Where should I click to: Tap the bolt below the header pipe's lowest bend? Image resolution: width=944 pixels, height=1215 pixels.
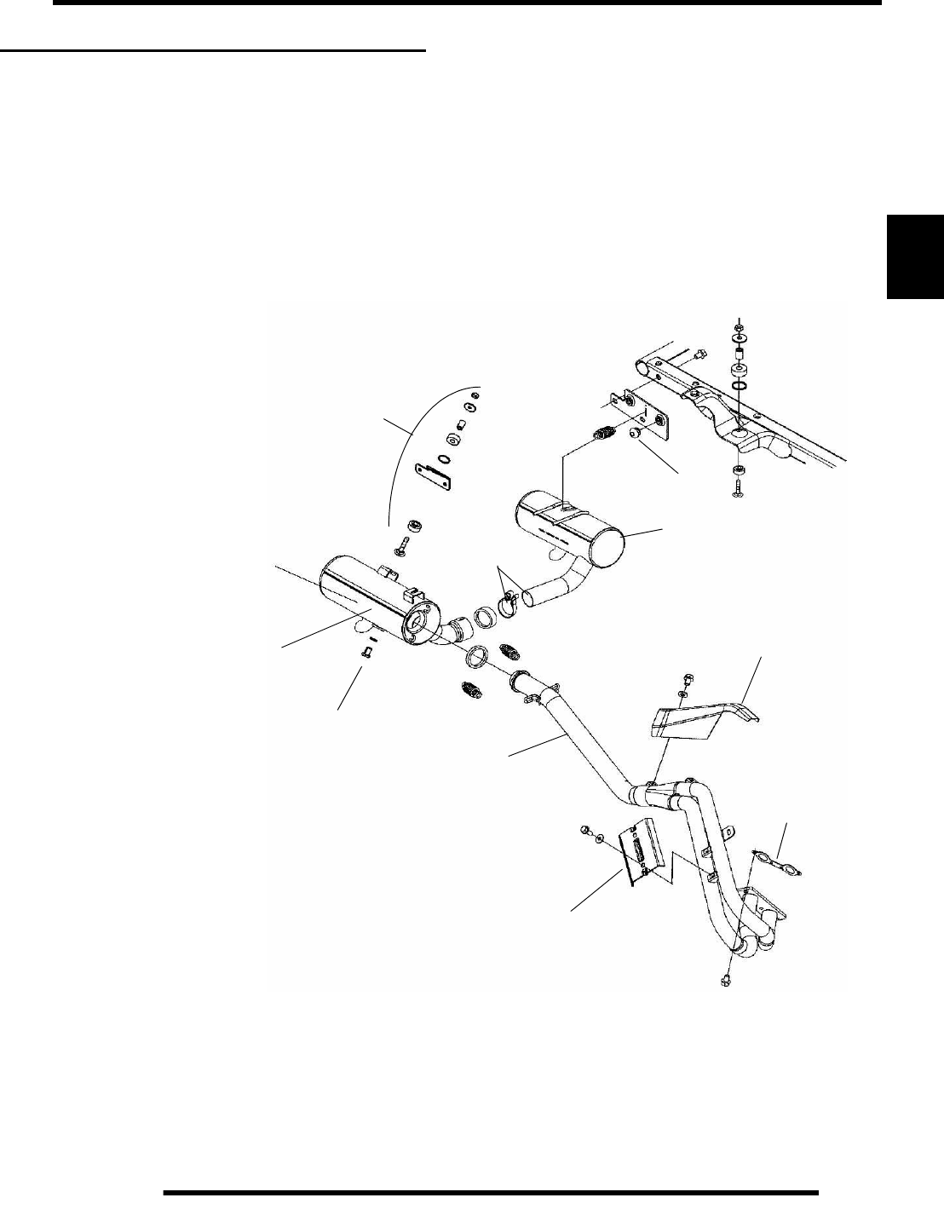click(725, 980)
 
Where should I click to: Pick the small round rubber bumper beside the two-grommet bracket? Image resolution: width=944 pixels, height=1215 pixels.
click(634, 435)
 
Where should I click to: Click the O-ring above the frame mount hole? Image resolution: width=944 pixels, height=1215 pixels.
click(740, 388)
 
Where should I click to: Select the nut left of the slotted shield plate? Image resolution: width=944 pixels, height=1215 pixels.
click(586, 830)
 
